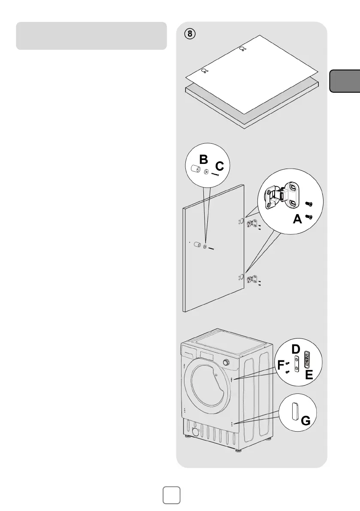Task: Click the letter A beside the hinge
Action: click(x=297, y=220)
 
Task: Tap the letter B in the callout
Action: click(x=204, y=160)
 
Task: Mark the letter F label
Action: click(x=281, y=366)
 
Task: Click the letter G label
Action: click(x=306, y=421)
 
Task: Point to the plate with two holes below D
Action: click(x=296, y=364)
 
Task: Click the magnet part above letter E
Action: click(x=307, y=360)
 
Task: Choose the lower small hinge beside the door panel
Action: click(x=254, y=279)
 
